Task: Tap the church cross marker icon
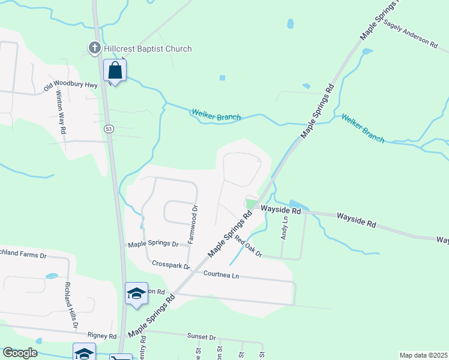click(94, 47)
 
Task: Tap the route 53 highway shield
click(109, 128)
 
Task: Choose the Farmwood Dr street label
click(193, 224)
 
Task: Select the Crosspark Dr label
click(171, 265)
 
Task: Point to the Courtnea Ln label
click(221, 275)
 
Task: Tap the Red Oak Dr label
click(249, 247)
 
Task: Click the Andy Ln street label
click(285, 229)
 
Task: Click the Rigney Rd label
click(101, 335)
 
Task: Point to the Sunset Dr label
click(200, 338)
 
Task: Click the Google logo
click(20, 353)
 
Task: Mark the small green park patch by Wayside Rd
click(250, 204)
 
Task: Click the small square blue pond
click(222, 77)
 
